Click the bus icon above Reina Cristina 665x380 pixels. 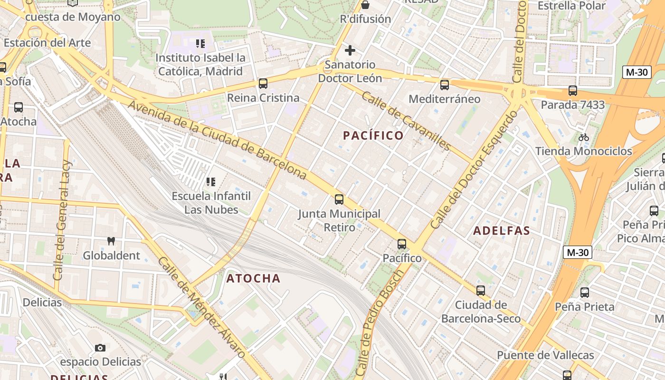263,84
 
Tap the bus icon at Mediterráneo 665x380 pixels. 445,85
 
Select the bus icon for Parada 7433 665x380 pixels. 573,91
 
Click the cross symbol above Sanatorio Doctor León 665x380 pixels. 350,50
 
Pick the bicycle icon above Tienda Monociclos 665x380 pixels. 584,137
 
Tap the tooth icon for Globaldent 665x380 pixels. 111,241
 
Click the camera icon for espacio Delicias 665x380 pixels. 100,348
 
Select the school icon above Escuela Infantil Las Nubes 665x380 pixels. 211,181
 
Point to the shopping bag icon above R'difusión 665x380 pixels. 365,5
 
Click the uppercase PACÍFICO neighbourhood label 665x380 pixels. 373,136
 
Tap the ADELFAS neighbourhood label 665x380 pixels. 502,231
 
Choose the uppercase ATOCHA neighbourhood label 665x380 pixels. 254,278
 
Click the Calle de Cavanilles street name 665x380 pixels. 406,121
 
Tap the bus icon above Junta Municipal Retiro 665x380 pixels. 339,199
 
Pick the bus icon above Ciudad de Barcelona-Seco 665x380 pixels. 481,291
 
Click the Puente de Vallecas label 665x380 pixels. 545,355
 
